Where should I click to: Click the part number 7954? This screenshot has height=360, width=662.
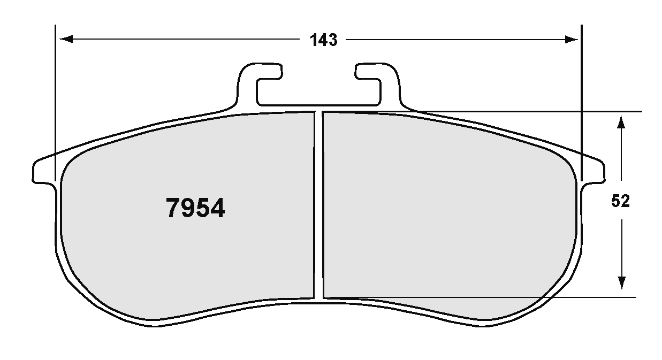click(195, 209)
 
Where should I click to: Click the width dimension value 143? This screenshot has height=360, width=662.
click(323, 40)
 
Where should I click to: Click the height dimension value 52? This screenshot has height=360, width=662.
click(621, 202)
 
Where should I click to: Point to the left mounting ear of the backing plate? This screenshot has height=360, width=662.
click(43, 171)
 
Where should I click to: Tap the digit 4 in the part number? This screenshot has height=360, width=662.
click(217, 209)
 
